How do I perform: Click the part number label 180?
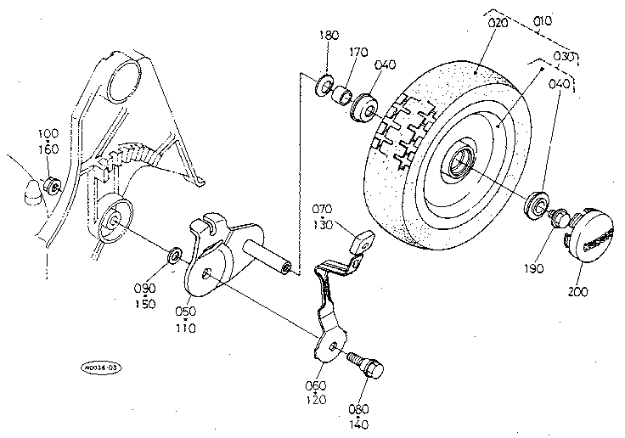(329, 36)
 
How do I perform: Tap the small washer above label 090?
(172, 253)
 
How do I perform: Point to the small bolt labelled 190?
(557, 218)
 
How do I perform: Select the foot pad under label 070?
(363, 242)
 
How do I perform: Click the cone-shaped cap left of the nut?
(31, 194)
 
